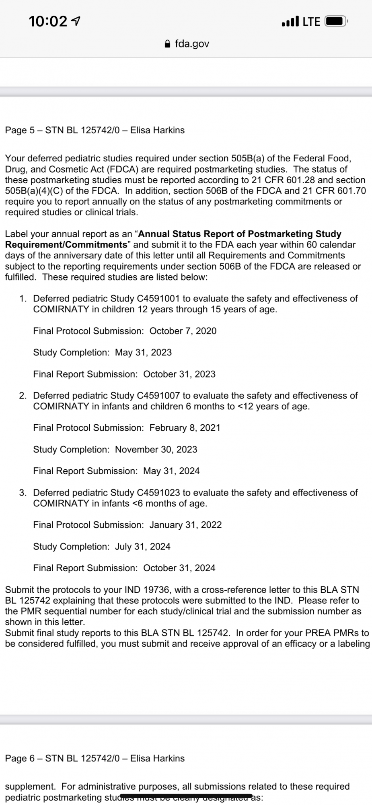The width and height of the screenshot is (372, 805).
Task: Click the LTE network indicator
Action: (x=311, y=21)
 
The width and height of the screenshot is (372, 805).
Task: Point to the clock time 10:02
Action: (x=48, y=21)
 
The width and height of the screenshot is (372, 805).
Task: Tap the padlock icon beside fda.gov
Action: (x=168, y=44)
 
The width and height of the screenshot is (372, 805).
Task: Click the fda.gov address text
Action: (x=192, y=44)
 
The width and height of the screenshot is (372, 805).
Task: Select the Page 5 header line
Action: (x=95, y=130)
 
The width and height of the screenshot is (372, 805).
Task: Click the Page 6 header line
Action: (x=95, y=758)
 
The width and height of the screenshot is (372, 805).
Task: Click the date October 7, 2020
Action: (x=183, y=331)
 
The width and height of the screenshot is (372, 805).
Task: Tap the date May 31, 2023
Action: (x=143, y=353)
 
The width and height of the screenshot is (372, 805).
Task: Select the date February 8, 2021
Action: (x=185, y=428)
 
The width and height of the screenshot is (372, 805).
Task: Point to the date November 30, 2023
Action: (x=156, y=450)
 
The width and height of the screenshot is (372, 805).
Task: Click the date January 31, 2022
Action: (x=185, y=525)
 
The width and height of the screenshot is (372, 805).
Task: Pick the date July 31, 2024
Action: (x=143, y=547)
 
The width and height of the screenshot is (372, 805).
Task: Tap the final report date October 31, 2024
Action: (x=179, y=568)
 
